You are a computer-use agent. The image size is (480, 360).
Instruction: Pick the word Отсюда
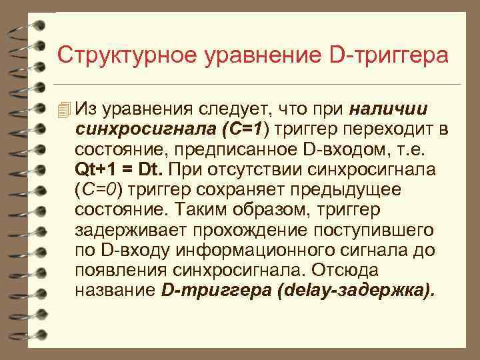pos(348,271)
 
